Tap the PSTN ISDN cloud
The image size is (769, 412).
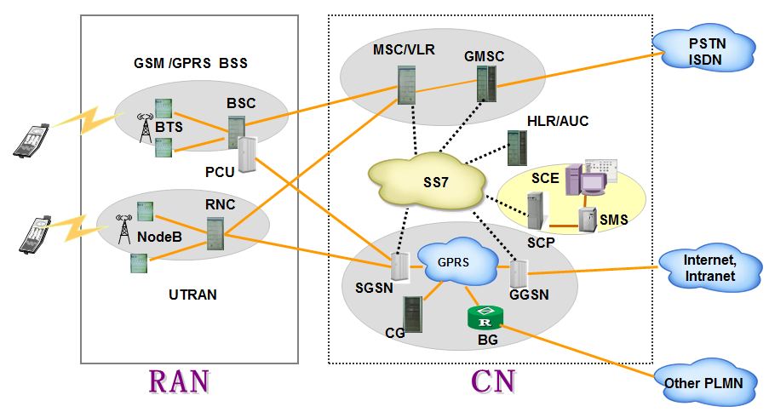pyautogui.click(x=706, y=51)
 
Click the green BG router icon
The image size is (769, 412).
pyautogui.click(x=485, y=318)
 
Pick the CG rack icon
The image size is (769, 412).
pyautogui.click(x=414, y=313)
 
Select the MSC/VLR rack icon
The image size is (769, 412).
pyautogui.click(x=405, y=84)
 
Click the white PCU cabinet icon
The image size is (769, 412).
pyautogui.click(x=248, y=155)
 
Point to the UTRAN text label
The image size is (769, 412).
pyautogui.click(x=192, y=295)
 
